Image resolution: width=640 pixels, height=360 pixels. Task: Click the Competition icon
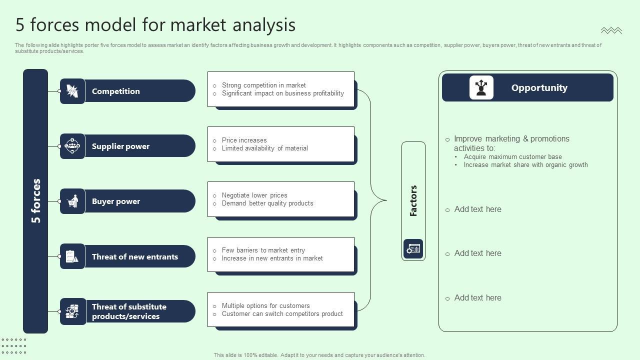coord(72,91)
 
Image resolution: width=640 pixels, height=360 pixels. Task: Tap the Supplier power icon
coord(72,146)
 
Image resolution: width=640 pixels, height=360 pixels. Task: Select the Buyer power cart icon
coord(72,201)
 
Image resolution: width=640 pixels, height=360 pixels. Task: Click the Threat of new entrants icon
coord(72,256)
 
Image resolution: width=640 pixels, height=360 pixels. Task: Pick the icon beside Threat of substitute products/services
coord(72,311)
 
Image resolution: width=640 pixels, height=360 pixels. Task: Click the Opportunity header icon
coord(481,87)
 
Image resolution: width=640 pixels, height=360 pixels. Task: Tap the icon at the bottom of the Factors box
coord(413,248)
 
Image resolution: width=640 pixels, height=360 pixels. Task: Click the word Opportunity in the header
coord(539,88)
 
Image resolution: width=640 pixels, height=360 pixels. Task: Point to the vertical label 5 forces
coord(36,201)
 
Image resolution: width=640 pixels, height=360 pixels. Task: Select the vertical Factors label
coord(413,201)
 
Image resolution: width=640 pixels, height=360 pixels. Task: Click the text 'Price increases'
coord(244,140)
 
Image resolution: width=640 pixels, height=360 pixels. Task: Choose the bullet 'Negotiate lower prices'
coord(254,195)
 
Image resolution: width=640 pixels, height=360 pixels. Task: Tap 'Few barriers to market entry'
coord(263,250)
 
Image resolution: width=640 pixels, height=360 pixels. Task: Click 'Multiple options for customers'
coord(265,306)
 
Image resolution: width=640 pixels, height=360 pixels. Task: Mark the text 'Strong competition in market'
coord(263,85)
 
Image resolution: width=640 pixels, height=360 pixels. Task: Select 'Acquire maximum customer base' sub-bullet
coord(512,157)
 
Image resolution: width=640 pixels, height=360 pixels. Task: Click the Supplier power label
coord(120,146)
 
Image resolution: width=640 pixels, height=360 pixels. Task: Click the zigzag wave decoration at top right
coord(611,31)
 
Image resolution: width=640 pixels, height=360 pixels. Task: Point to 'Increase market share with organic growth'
coord(525,165)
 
